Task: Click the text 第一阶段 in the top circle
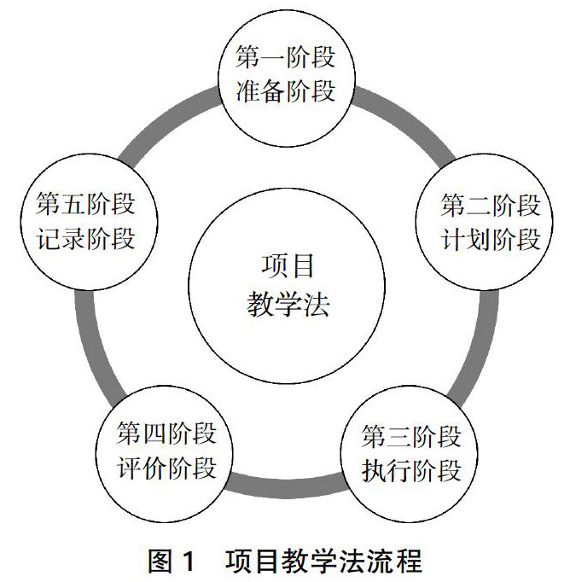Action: (285, 58)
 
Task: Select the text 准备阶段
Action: (285, 90)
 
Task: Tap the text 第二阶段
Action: (490, 205)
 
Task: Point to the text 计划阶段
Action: (490, 238)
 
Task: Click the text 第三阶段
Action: (411, 437)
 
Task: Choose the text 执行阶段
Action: (411, 470)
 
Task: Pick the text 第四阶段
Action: (166, 434)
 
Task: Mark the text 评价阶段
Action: (166, 468)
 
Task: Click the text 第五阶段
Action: (85, 205)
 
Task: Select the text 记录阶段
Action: (85, 238)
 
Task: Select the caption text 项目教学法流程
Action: (323, 562)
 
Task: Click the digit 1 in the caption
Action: (189, 562)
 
